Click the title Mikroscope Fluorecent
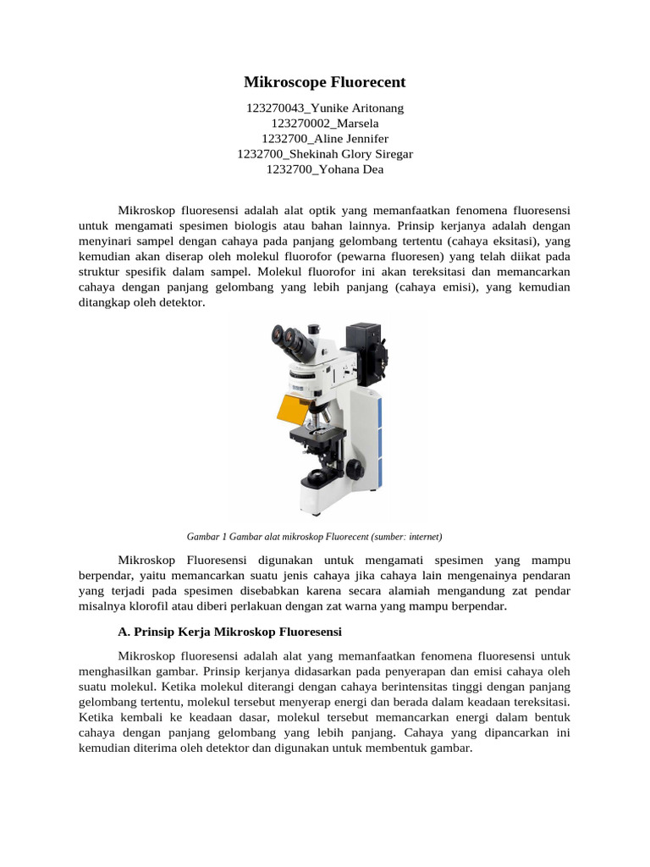[325, 82]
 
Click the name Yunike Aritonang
[356, 108]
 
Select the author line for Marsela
[325, 124]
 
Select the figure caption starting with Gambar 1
[314, 536]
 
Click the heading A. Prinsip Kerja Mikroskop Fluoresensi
[229, 632]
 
